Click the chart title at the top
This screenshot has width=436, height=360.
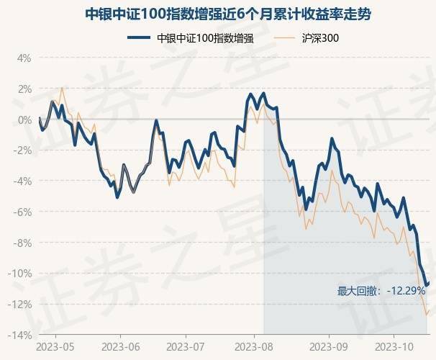click(218, 14)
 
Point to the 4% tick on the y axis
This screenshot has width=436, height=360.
click(23, 58)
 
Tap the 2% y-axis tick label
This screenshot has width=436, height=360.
click(23, 89)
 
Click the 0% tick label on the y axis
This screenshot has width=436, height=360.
click(23, 120)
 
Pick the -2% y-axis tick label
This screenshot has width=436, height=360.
click(22, 150)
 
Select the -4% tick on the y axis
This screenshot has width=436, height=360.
click(22, 181)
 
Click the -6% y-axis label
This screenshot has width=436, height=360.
click(22, 212)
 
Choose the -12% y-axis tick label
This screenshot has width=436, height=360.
click(19, 305)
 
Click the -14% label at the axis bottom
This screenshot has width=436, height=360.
click(19, 336)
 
